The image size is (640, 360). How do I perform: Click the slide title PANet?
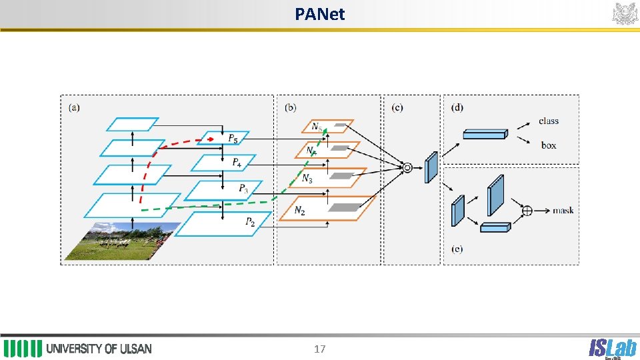point(319,13)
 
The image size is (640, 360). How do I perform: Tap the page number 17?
point(319,349)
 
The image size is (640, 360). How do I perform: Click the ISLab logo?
point(611,348)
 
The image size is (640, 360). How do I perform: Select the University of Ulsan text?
point(99,349)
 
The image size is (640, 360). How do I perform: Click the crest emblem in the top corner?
point(625,13)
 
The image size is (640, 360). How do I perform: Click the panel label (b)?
point(290,107)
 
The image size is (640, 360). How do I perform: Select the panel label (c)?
point(397,107)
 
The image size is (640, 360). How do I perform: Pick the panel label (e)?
point(457,249)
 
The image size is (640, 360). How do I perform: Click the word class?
point(549,121)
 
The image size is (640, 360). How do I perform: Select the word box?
point(549,145)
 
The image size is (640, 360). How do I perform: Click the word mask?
point(563,211)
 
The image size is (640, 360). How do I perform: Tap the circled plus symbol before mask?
point(527,211)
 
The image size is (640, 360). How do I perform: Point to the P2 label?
point(249,222)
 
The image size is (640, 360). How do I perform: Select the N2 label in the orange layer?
point(300,211)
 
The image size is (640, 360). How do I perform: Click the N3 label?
point(307,179)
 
